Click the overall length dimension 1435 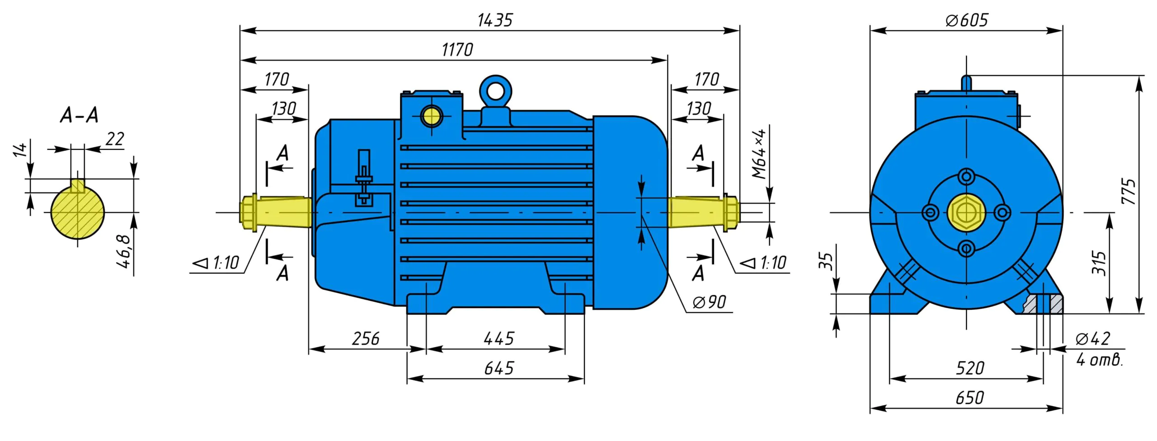[495, 20]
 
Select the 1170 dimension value [457, 50]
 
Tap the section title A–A [79, 115]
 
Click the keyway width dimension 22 [115, 139]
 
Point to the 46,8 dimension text [124, 251]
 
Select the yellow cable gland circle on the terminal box [432, 116]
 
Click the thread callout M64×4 [759, 154]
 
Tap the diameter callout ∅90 [710, 302]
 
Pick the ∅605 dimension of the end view [967, 20]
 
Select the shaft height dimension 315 [1099, 263]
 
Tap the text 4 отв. [1099, 360]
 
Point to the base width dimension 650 [969, 398]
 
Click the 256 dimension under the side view [366, 339]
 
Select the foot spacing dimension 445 [499, 339]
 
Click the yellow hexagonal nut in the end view [966, 212]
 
